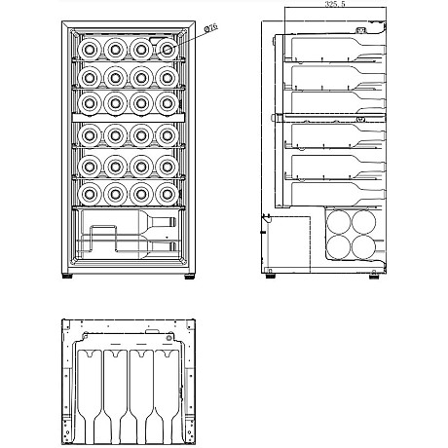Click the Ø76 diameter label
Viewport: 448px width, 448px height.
210,28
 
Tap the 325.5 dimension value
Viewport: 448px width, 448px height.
335,4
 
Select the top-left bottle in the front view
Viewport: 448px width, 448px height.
90,50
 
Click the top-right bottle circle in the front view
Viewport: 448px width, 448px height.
168,50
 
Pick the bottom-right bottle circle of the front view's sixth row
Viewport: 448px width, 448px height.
168,194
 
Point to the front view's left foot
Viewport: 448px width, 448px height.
67,277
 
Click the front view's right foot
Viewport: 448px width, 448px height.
190,277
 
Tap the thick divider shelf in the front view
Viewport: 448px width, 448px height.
129,118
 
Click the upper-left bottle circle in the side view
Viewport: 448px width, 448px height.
339,222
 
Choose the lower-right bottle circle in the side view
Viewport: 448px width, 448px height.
363,247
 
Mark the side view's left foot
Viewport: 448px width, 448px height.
270,277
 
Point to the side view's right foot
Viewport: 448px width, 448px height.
374,277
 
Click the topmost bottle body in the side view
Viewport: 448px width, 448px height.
338,48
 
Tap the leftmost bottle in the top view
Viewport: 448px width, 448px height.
90,396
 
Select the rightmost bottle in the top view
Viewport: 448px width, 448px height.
168,396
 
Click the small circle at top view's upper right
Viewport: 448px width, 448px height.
168,338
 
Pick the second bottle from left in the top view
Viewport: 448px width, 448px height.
116,396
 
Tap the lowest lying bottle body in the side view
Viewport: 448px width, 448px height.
338,194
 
